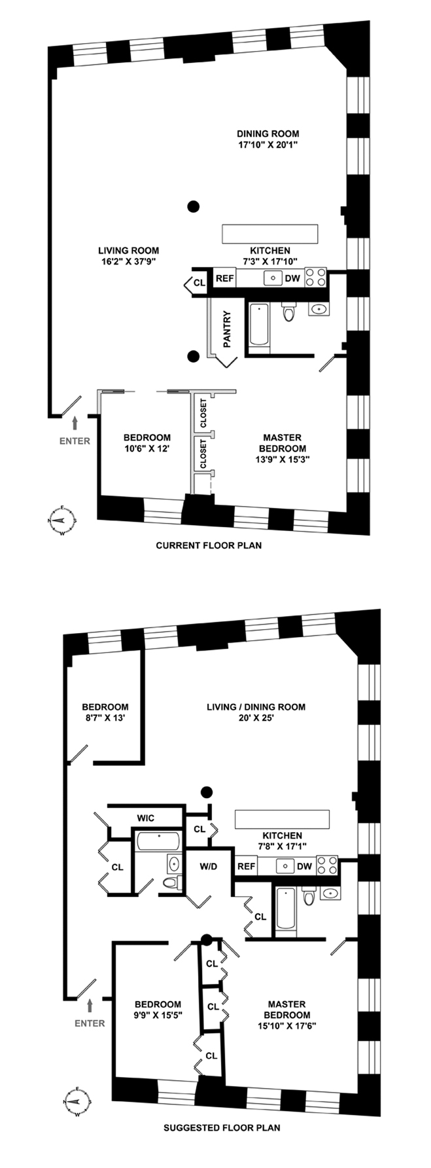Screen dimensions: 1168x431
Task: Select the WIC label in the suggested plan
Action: (x=145, y=818)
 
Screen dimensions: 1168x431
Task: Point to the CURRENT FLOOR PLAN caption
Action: (x=209, y=545)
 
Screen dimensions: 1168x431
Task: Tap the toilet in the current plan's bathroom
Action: (x=288, y=312)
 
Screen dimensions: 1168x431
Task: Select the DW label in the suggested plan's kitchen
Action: (x=303, y=866)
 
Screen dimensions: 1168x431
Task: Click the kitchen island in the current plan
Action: (x=270, y=234)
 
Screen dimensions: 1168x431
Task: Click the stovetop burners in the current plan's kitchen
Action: (x=315, y=278)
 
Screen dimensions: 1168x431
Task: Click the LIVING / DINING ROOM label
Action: (x=256, y=707)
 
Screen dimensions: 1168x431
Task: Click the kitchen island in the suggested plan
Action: (x=283, y=819)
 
